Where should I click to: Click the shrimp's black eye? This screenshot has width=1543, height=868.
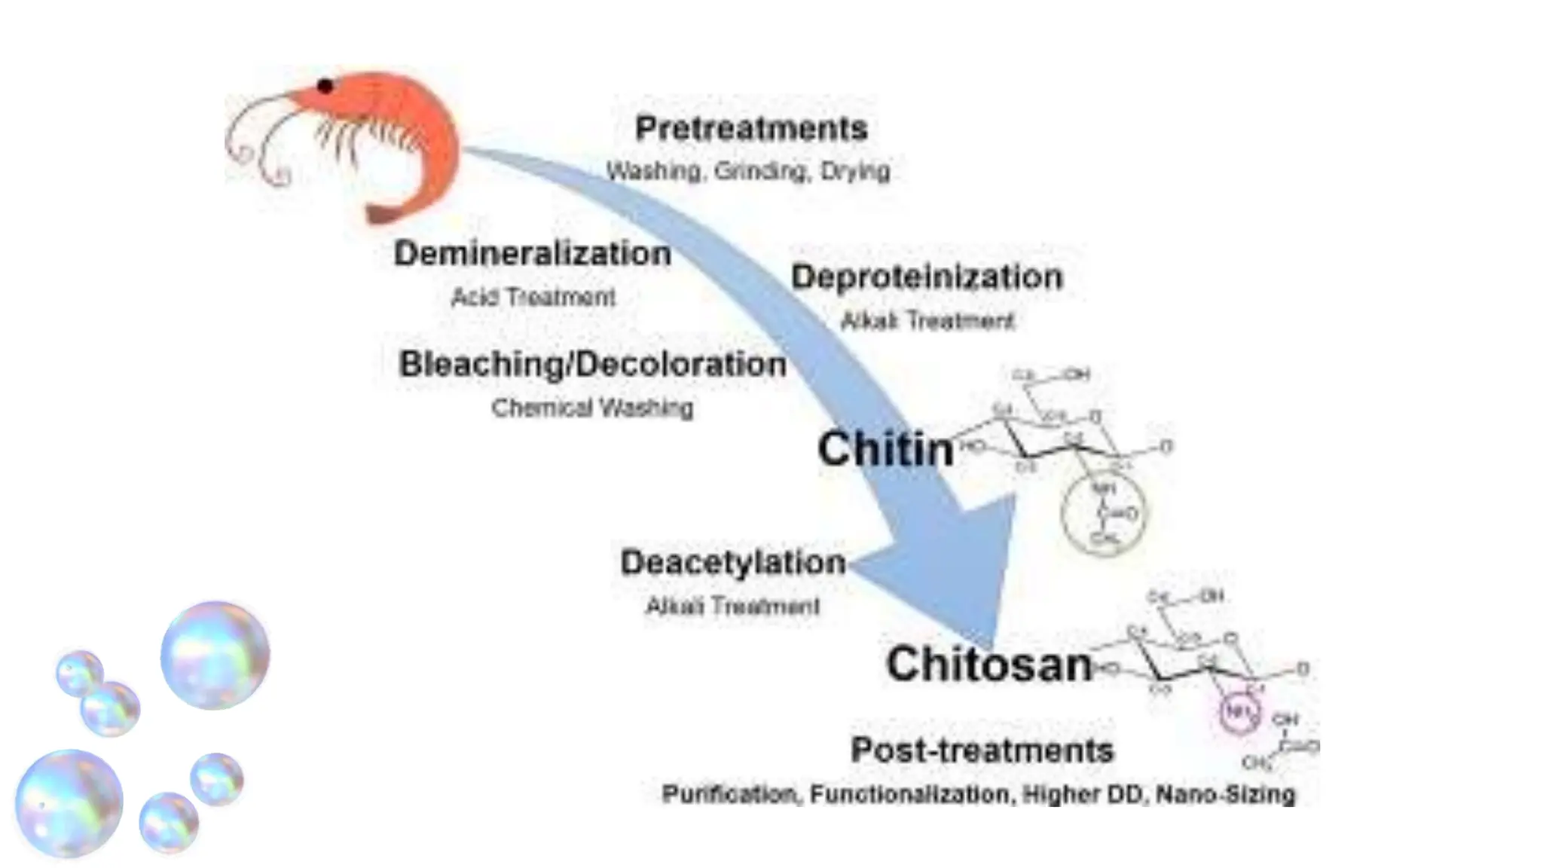coord(325,86)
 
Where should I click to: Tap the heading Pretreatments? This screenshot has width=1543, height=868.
coord(751,128)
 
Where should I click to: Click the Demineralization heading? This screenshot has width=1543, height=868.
coord(532,253)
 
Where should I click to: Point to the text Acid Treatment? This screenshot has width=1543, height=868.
coord(533,297)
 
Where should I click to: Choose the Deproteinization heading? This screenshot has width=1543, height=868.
coord(927,277)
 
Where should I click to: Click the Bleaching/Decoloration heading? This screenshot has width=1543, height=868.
coord(592,364)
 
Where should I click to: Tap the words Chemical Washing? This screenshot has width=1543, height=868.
coord(592,408)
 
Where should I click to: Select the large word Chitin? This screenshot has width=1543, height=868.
coord(885,449)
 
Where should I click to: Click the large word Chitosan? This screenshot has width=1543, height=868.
coord(988,664)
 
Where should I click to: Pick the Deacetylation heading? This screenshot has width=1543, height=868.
coord(732,562)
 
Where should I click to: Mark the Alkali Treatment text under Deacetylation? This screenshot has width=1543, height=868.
coord(732,606)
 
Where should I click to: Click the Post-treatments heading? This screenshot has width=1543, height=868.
coord(982,750)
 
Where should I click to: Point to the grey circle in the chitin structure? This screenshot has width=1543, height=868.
coord(1103,514)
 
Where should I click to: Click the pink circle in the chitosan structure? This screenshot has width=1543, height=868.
coord(1238,711)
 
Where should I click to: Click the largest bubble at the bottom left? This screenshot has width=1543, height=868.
coord(69,803)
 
